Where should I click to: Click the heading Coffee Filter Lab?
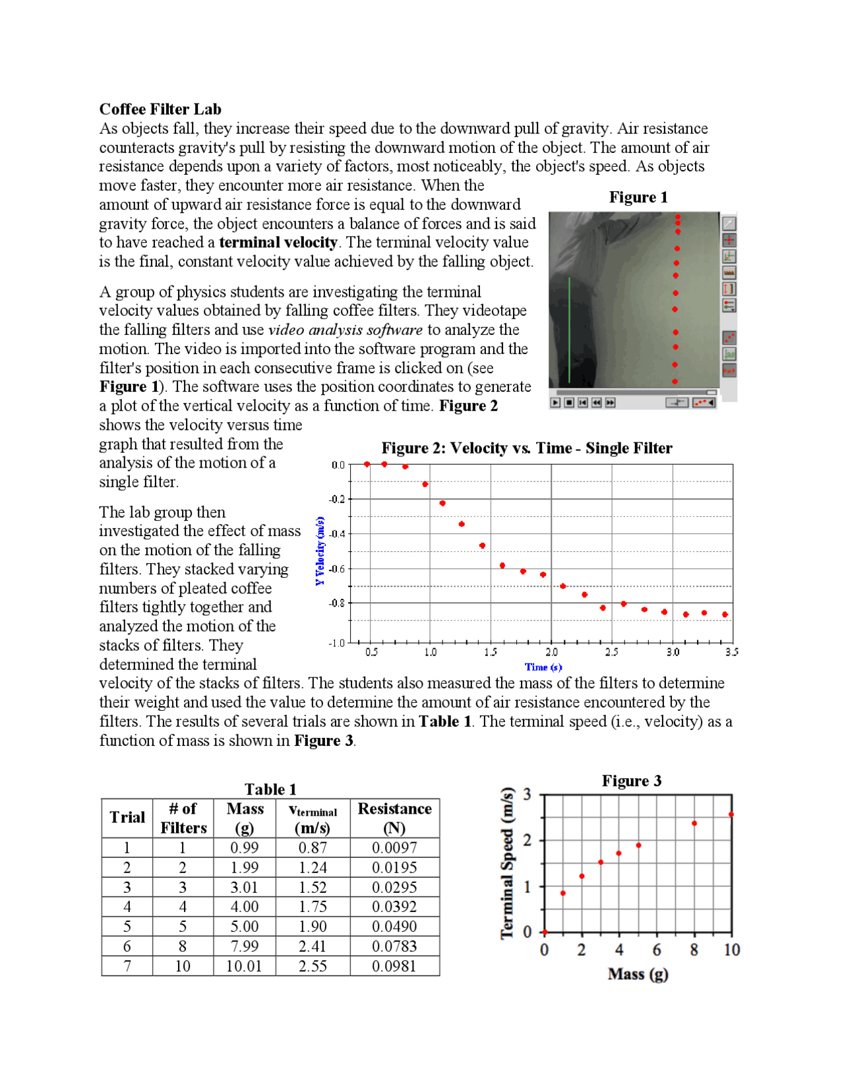point(160,109)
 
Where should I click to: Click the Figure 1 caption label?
point(638,197)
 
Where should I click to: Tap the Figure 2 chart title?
point(526,448)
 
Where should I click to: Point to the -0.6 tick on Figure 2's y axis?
point(337,568)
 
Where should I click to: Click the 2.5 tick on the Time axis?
point(612,652)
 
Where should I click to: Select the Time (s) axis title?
point(543,667)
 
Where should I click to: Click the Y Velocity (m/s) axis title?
point(320,551)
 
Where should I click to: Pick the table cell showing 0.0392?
point(394,907)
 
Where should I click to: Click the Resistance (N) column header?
point(394,818)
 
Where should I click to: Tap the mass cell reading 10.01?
point(244,966)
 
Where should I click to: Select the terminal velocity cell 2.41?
point(313,946)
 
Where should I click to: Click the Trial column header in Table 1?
point(127,818)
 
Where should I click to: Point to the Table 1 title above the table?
point(270,789)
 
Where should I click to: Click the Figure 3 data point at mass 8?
point(694,823)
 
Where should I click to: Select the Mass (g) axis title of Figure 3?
point(638,974)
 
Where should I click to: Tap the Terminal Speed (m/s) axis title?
point(507,863)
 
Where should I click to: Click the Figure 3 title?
point(631,781)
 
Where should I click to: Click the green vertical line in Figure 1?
point(569,330)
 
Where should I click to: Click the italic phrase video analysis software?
point(345,330)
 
